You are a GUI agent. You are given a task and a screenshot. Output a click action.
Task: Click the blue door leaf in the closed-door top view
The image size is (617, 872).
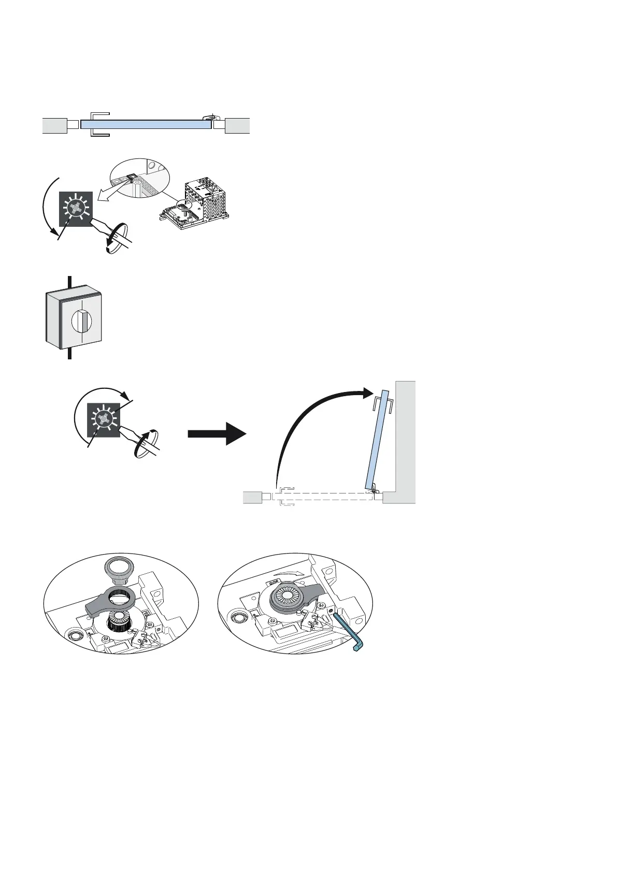click(x=145, y=124)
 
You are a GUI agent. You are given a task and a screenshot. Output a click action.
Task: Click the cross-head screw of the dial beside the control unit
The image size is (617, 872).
click(x=75, y=209)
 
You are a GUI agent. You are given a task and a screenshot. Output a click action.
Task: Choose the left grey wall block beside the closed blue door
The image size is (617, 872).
click(x=54, y=125)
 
